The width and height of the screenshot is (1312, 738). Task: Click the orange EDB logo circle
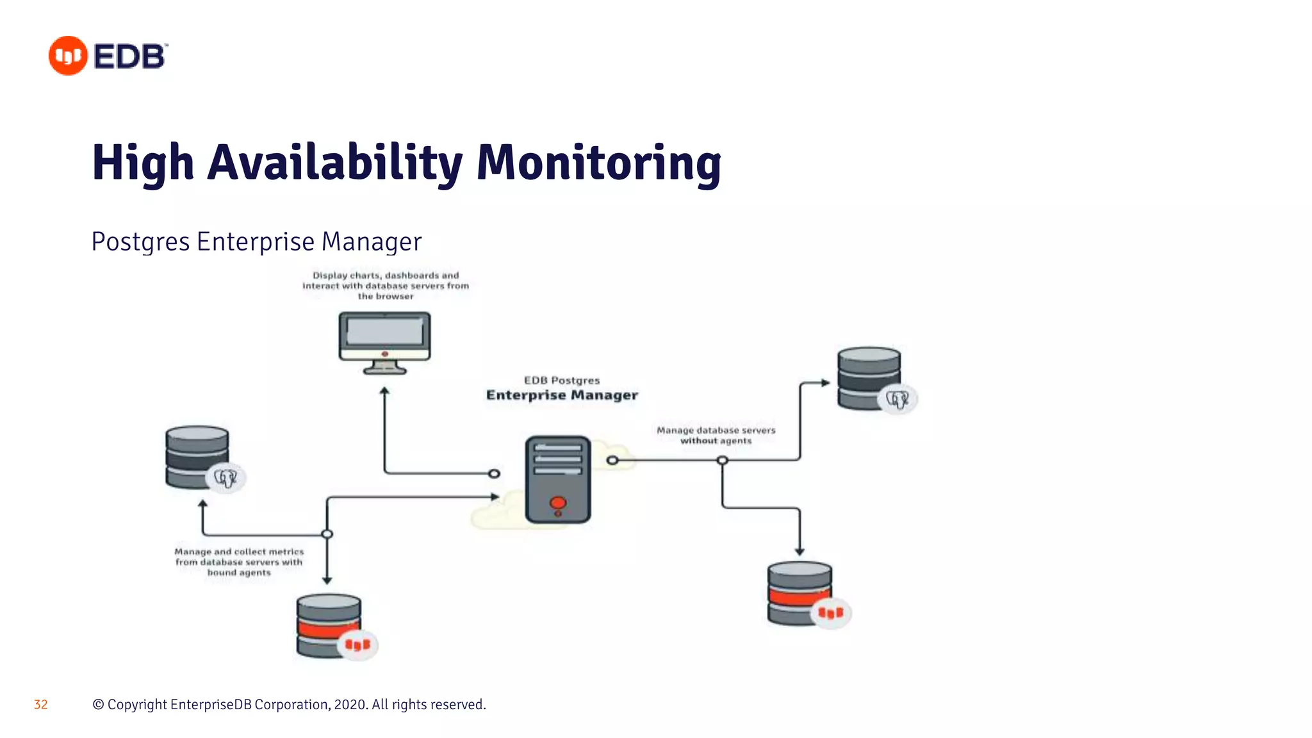[x=68, y=56]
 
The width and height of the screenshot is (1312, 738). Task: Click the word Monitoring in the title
[x=598, y=162]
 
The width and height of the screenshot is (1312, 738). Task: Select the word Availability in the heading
[x=334, y=162]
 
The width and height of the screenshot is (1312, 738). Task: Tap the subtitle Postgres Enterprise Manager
[x=256, y=242]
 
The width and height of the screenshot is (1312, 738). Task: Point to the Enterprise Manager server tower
[x=558, y=479]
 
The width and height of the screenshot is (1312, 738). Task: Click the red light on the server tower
[x=558, y=503]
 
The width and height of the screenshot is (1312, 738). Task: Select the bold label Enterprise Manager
[x=562, y=395]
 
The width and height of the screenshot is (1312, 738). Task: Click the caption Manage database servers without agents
[x=716, y=435]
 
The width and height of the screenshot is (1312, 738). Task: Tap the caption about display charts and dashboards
[x=386, y=286]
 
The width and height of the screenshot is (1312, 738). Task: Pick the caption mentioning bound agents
[x=239, y=562]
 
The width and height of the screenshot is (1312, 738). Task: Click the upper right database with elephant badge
[x=870, y=379]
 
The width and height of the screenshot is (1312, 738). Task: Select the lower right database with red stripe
[x=800, y=593]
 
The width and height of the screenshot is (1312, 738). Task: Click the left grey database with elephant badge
[x=197, y=457]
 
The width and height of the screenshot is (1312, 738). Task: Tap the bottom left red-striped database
[x=329, y=626]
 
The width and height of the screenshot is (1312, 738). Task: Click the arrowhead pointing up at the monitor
[x=384, y=390]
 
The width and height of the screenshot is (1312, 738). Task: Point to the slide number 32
[x=40, y=705]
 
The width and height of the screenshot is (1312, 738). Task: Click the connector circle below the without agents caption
[x=722, y=460]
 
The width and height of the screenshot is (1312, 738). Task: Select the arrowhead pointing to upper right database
[x=825, y=383]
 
